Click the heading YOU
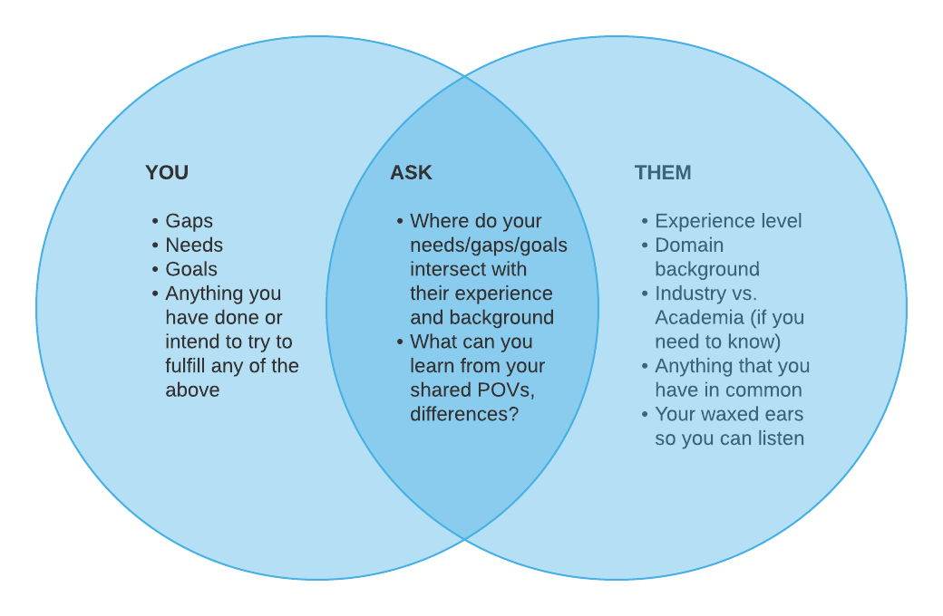pyautogui.click(x=167, y=172)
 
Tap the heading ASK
pyautogui.click(x=411, y=172)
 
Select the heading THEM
pyautogui.click(x=663, y=172)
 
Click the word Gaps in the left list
pyautogui.click(x=189, y=221)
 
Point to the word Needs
pyautogui.click(x=194, y=245)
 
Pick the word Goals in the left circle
pyautogui.click(x=191, y=269)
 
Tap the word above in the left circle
pyautogui.click(x=192, y=390)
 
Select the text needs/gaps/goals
pyautogui.click(x=489, y=245)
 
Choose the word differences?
pyautogui.click(x=464, y=414)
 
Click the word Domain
pyautogui.click(x=689, y=245)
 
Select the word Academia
pyautogui.click(x=699, y=317)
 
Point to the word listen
pyautogui.click(x=781, y=438)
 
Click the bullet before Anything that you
pyautogui.click(x=645, y=366)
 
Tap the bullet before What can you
pyautogui.click(x=400, y=342)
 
